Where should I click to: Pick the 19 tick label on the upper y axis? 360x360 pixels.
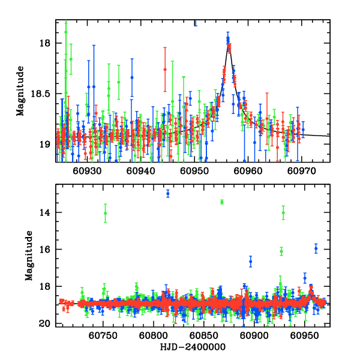[46, 145]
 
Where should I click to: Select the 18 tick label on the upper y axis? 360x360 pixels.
[46, 44]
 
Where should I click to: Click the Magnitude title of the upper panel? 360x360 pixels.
[20, 91]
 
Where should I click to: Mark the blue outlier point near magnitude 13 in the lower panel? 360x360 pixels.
[168, 193]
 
